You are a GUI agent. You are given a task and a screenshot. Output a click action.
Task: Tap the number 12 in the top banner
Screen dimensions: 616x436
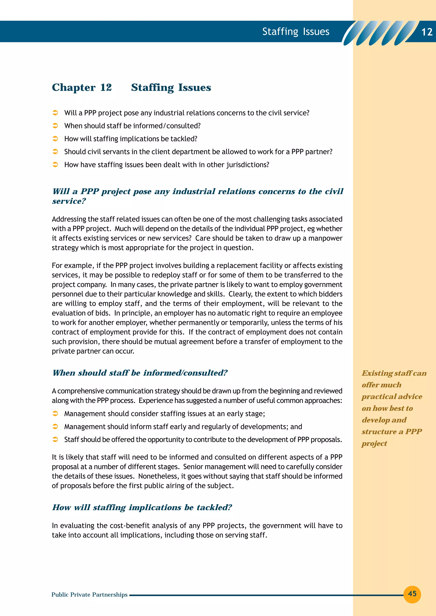(427, 32)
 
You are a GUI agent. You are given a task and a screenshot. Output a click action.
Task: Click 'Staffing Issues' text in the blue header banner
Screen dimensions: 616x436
(295, 32)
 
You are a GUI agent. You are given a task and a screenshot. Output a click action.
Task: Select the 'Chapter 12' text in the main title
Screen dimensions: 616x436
(82, 87)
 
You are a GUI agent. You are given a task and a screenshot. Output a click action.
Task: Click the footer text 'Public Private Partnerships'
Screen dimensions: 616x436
(89, 595)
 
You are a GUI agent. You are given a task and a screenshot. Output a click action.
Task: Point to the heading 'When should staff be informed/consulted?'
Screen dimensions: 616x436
(140, 373)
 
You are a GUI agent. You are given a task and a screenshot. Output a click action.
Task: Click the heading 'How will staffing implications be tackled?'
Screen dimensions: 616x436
(142, 507)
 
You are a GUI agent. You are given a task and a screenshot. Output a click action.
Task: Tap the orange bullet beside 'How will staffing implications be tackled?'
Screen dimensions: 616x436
(55, 139)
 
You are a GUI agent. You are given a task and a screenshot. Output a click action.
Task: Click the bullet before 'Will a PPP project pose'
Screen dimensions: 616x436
(55, 113)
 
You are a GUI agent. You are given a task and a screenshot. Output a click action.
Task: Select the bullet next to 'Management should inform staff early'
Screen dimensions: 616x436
(55, 427)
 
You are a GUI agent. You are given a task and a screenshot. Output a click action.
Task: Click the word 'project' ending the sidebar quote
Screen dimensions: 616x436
(374, 443)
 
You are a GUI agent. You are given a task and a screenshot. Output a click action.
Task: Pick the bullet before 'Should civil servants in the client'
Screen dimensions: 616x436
(55, 152)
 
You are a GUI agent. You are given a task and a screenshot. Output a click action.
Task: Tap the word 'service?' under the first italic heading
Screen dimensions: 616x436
(69, 201)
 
